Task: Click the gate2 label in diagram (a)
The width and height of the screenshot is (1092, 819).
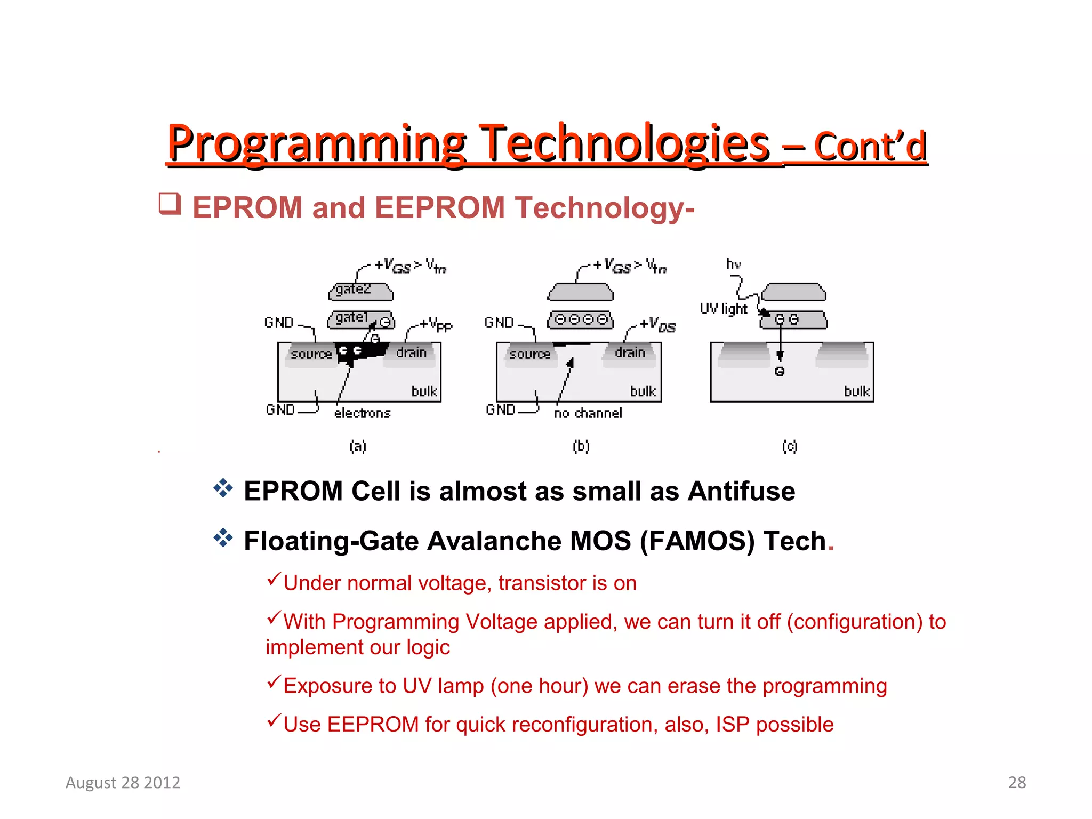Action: click(x=353, y=290)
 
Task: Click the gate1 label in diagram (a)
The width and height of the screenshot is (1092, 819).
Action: click(x=352, y=318)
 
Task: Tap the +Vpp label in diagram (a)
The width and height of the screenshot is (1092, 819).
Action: click(x=436, y=324)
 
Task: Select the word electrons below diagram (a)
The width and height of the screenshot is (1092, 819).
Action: click(x=363, y=413)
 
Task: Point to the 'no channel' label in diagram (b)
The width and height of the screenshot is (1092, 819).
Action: click(x=588, y=413)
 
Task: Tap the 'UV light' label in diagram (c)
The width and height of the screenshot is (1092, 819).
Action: click(x=724, y=309)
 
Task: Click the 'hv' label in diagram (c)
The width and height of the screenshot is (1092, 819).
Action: click(x=734, y=264)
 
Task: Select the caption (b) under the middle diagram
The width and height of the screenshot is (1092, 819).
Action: click(x=581, y=446)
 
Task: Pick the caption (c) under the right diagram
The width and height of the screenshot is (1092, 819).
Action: click(x=790, y=446)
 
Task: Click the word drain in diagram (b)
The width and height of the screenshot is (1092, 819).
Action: click(x=630, y=352)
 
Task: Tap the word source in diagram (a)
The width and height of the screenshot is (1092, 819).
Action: click(x=311, y=354)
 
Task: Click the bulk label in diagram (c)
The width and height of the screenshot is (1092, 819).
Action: click(x=857, y=391)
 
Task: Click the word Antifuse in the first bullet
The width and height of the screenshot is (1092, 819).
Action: click(x=741, y=491)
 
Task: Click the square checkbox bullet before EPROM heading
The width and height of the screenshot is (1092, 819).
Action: click(x=170, y=204)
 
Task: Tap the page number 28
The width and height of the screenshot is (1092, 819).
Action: click(x=1017, y=782)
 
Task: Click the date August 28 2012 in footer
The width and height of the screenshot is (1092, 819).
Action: click(x=123, y=782)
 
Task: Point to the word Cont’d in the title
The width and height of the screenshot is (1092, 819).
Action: click(x=870, y=147)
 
